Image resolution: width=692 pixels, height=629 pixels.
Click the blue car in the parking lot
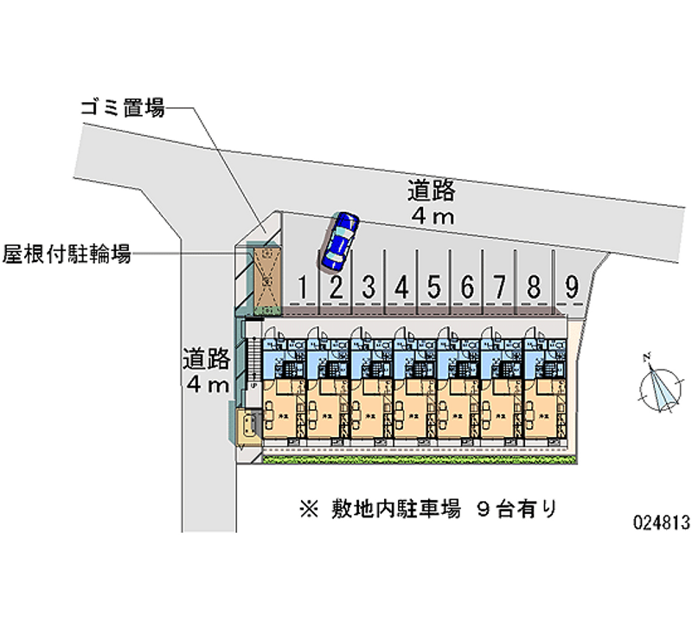tap(338, 239)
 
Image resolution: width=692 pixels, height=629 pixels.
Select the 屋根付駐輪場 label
tap(67, 254)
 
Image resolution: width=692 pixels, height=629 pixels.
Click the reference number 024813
tap(662, 523)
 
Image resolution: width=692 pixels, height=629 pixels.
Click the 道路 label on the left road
tap(206, 356)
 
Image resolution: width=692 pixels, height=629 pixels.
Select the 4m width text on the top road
tap(432, 217)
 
